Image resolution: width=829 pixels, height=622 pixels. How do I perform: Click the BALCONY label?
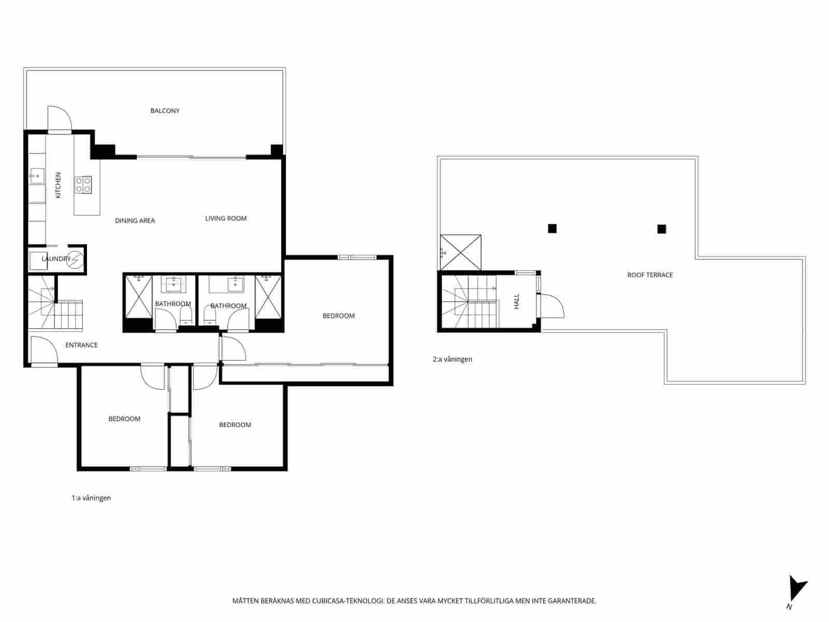click(x=165, y=111)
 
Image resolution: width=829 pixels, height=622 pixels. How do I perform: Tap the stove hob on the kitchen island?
click(x=83, y=185)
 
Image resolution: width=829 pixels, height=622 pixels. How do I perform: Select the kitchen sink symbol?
click(x=37, y=176)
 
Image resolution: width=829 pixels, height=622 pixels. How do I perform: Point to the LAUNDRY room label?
click(x=55, y=259)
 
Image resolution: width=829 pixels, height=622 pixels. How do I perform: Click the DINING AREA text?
click(x=135, y=221)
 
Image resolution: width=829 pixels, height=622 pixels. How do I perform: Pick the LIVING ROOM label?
click(x=226, y=219)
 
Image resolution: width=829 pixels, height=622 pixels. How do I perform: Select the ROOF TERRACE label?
click(x=650, y=275)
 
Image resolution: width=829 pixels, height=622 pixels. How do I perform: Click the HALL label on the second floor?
click(x=517, y=302)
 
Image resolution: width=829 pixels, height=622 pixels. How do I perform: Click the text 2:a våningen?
click(x=452, y=359)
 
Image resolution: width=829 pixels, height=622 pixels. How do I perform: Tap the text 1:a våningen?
click(x=91, y=498)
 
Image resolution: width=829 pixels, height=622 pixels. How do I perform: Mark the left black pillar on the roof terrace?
click(x=552, y=228)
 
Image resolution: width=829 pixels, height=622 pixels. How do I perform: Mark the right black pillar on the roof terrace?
click(x=662, y=229)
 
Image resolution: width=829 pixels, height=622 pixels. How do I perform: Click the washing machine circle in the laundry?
click(x=76, y=259)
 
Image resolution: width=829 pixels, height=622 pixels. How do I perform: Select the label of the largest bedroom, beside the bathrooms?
click(x=338, y=316)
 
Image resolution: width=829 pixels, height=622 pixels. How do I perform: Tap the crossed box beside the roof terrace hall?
click(x=460, y=252)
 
